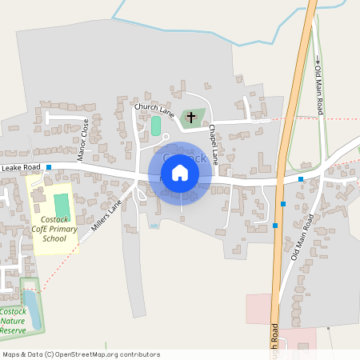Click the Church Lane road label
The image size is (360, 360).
tap(154, 106)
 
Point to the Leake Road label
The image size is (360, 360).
tap(21, 167)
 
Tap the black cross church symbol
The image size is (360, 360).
tap(190, 118)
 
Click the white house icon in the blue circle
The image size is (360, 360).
tap(180, 172)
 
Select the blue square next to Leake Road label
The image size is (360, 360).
tap(49, 167)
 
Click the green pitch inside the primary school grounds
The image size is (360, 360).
tap(62, 206)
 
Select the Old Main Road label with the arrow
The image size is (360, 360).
tap(318, 87)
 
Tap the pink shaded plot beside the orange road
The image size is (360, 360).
tap(259, 309)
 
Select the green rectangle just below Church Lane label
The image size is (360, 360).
tap(156, 126)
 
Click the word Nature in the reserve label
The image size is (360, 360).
tap(14, 320)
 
